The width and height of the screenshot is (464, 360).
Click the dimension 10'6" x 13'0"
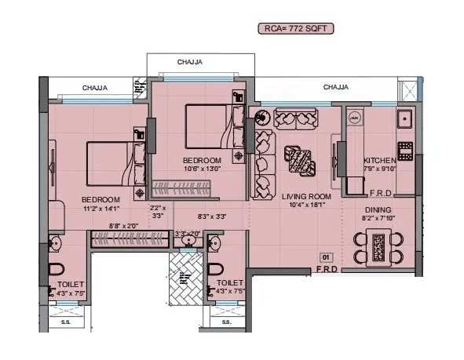202,168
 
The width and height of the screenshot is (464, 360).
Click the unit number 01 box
324,256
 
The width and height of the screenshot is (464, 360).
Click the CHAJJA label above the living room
335,87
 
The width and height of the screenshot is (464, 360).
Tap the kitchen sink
405,120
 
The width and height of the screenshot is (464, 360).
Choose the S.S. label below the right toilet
226,322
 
